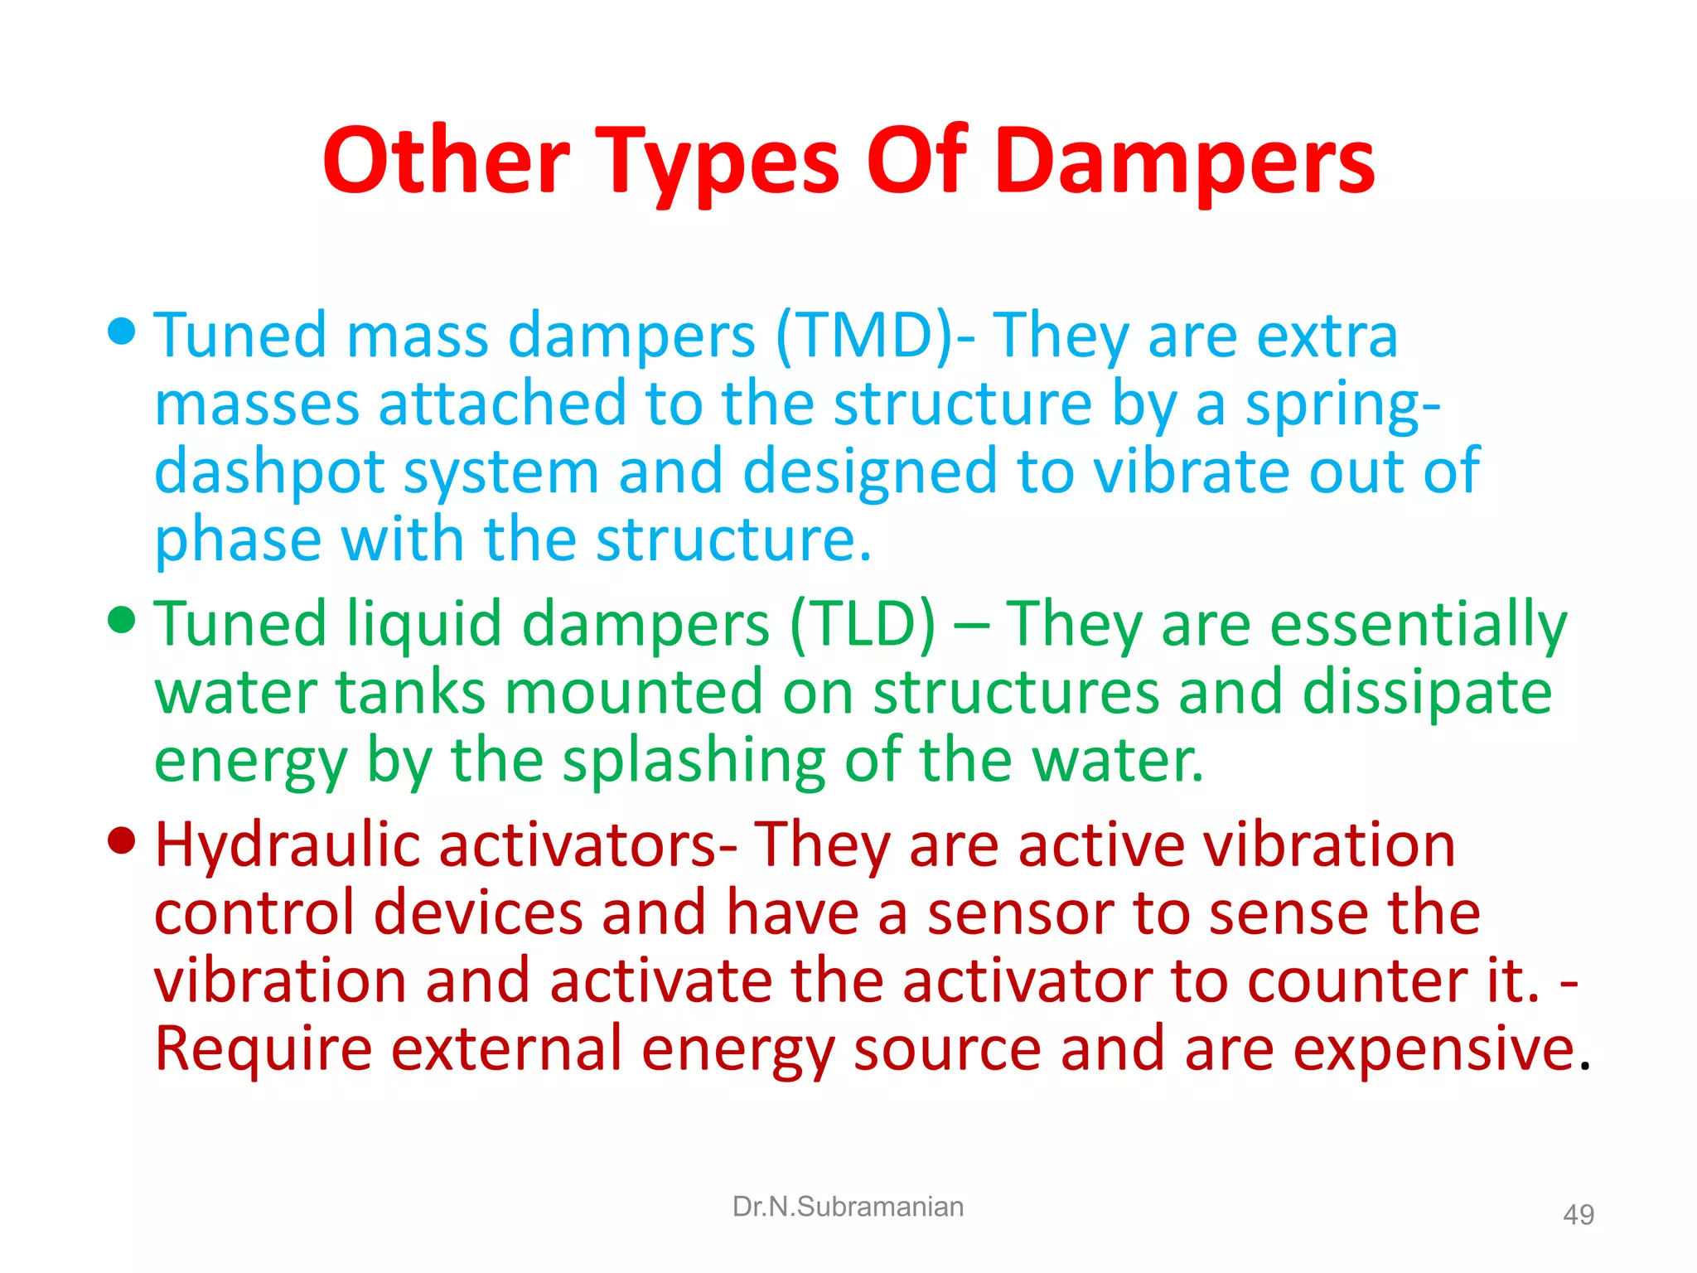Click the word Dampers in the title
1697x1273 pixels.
coord(1184,162)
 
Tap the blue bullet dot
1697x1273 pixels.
coord(122,332)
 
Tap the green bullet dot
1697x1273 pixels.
coord(122,619)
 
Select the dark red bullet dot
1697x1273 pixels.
coord(122,840)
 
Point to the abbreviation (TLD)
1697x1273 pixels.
coord(863,624)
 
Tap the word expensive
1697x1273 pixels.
coord(1434,1049)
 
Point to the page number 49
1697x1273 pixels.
coord(1578,1215)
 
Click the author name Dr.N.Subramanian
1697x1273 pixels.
coord(848,1207)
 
